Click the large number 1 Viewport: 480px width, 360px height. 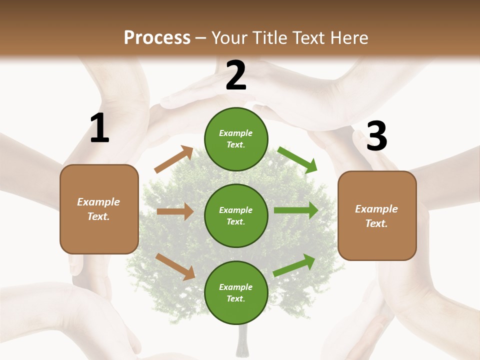pyautogui.click(x=99, y=128)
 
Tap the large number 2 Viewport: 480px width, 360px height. pyautogui.click(x=236, y=75)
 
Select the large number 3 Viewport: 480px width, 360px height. pyautogui.click(x=376, y=136)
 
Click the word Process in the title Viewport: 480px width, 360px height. pyautogui.click(x=157, y=37)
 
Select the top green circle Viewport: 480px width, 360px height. pyautogui.click(x=236, y=139)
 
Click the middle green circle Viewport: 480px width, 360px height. pyautogui.click(x=236, y=215)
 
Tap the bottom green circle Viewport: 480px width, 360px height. pyautogui.click(x=236, y=292)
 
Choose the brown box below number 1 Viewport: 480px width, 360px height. pyautogui.click(x=99, y=208)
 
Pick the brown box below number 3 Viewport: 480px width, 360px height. pyautogui.click(x=377, y=215)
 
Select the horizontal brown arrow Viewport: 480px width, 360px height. pyautogui.click(x=175, y=211)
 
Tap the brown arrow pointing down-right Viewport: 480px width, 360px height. pyautogui.click(x=175, y=266)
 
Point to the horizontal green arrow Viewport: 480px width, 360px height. pyautogui.click(x=295, y=210)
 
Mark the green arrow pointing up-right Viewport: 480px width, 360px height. pyautogui.click(x=294, y=265)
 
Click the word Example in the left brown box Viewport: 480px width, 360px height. pyautogui.click(x=98, y=202)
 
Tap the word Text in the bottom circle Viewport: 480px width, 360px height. pyautogui.click(x=235, y=298)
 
